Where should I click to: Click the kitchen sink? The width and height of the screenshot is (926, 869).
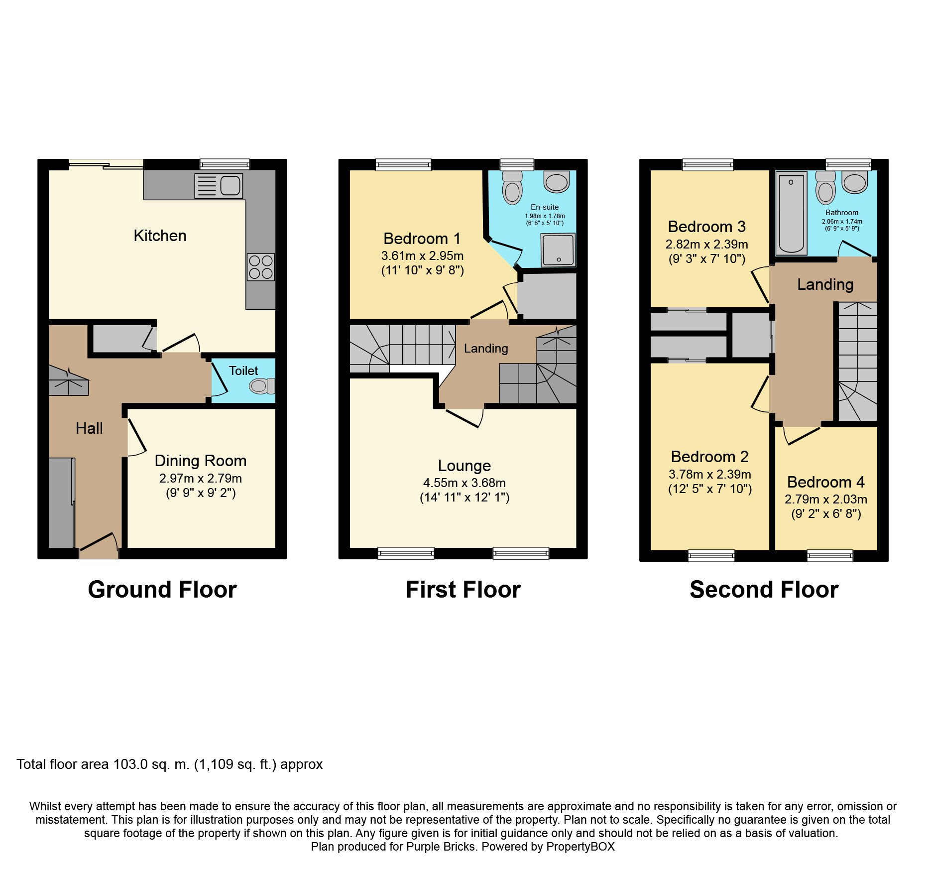tap(219, 186)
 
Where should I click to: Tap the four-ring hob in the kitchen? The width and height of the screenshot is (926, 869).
tap(261, 267)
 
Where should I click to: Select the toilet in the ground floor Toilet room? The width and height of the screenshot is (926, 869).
tap(262, 386)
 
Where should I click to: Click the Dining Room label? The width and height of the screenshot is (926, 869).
tap(200, 461)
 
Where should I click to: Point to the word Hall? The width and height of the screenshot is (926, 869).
tap(89, 428)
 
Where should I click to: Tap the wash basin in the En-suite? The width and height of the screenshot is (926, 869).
tap(557, 182)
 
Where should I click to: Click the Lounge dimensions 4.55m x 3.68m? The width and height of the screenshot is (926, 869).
tap(464, 483)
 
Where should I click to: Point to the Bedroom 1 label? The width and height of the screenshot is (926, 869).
tap(422, 239)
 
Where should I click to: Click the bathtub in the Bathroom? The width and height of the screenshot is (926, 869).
tap(791, 213)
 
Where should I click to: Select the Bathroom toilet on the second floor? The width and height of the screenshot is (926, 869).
tap(825, 189)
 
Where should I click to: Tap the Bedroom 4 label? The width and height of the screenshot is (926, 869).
tap(825, 482)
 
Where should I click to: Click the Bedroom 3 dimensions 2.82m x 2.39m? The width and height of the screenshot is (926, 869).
tap(706, 244)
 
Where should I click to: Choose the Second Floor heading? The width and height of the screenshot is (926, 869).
tap(764, 590)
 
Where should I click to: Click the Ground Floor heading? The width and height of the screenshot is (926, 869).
tap(162, 590)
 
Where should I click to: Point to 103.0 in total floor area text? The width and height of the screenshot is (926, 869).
tap(130, 764)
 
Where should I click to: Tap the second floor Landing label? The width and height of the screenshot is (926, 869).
tap(825, 284)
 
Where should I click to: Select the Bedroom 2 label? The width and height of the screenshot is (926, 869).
tap(709, 457)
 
